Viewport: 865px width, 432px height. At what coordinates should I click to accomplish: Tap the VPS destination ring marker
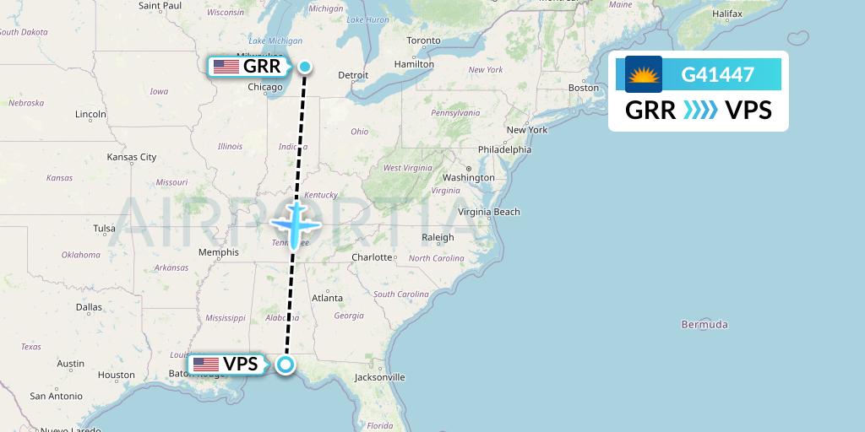(x=286, y=364)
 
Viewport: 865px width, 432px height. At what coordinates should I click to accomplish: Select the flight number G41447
(x=717, y=75)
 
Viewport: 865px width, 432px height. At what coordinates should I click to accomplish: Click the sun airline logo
(x=644, y=74)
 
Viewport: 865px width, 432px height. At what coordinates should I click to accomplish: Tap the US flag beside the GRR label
(x=226, y=67)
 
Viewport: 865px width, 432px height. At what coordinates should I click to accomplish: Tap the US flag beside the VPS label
(x=206, y=364)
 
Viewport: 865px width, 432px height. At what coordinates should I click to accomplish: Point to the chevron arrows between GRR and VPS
(x=699, y=110)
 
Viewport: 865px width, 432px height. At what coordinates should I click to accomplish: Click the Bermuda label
(x=705, y=325)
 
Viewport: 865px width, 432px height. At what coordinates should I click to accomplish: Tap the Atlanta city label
(x=327, y=298)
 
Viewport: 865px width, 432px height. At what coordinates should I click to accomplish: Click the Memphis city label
(x=218, y=252)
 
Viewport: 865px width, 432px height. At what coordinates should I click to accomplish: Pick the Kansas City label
(x=132, y=157)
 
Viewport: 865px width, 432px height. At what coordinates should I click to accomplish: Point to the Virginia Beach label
(x=489, y=212)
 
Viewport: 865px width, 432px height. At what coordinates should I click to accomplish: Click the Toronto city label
(x=423, y=40)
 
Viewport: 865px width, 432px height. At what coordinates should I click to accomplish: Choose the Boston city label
(x=583, y=88)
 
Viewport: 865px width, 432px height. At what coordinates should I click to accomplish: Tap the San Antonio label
(x=55, y=396)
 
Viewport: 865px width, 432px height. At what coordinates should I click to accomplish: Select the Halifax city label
(x=726, y=14)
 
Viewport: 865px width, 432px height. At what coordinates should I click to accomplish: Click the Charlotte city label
(x=372, y=257)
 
